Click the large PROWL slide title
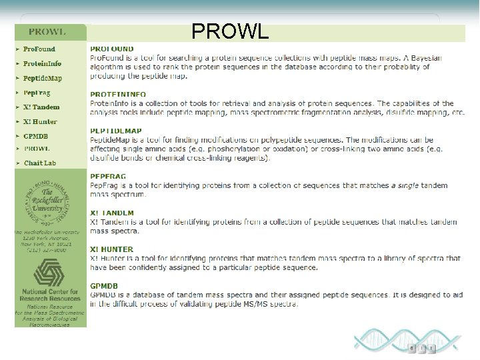click(x=230, y=31)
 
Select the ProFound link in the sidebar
click(x=39, y=49)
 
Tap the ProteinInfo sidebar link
click(x=42, y=64)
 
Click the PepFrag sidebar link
click(x=37, y=93)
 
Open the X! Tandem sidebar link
click(x=41, y=107)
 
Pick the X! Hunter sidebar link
click(x=40, y=122)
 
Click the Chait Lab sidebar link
click(x=40, y=163)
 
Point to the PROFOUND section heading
click(x=112, y=49)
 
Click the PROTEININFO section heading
click(x=118, y=95)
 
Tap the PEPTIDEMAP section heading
click(x=116, y=131)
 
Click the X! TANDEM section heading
click(x=112, y=213)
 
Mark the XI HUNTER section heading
click(x=111, y=249)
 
